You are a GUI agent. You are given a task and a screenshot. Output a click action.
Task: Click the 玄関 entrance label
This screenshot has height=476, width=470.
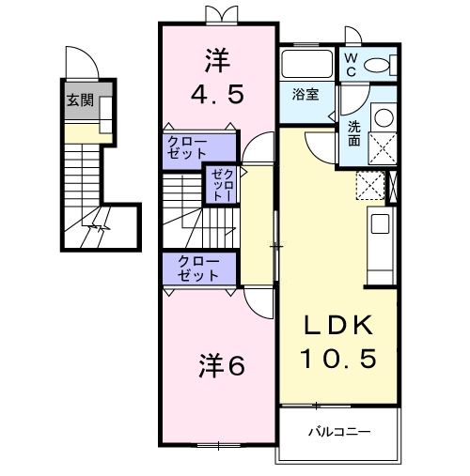(x=80, y=100)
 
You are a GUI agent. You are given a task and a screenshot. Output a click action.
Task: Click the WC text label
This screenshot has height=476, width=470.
(x=350, y=65)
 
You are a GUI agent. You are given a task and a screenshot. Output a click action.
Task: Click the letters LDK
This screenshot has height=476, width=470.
(x=338, y=327)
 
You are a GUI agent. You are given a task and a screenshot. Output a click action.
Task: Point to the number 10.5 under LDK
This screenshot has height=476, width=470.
(x=338, y=358)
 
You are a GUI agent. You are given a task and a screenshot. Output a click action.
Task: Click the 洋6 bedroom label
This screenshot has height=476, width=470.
(x=222, y=366)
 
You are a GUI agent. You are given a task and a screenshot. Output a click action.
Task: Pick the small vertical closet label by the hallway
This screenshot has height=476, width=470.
(x=219, y=185)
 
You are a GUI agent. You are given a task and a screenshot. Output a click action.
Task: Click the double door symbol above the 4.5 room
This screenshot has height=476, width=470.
(x=217, y=13)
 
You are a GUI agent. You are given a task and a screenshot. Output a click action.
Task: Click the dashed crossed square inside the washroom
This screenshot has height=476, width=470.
(x=382, y=149)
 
